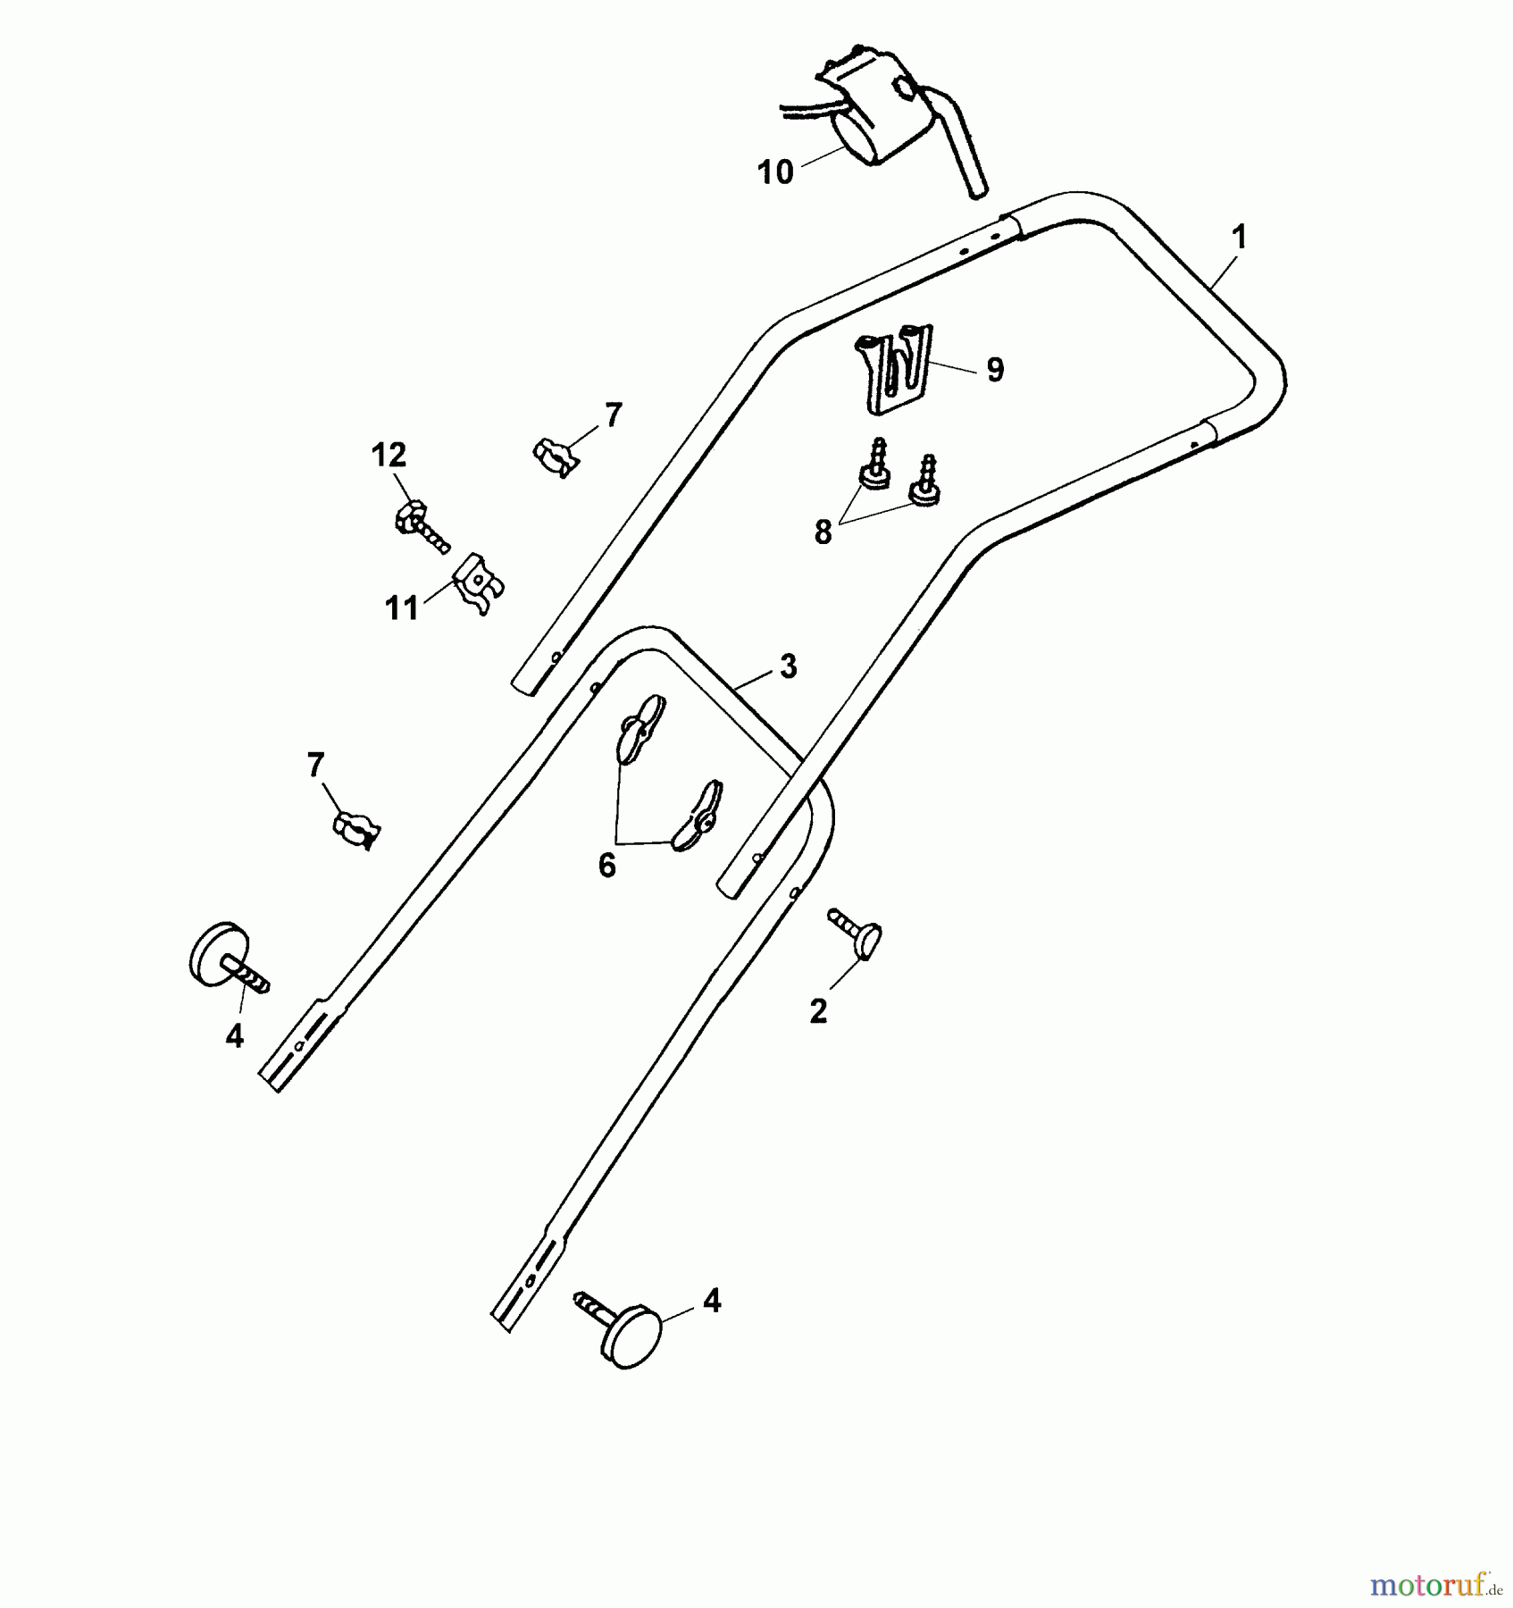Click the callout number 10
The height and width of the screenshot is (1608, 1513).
[x=775, y=172]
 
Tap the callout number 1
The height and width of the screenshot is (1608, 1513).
[x=1239, y=238]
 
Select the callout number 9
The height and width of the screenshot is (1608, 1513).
[x=995, y=370]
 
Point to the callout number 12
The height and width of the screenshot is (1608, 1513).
[x=389, y=456]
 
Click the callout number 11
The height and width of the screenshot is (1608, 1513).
[x=402, y=608]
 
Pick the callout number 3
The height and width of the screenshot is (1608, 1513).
[x=788, y=666]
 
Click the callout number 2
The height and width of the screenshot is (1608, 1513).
[x=818, y=1011]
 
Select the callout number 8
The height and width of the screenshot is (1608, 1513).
[x=823, y=532]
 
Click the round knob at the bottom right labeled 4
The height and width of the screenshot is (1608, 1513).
[x=631, y=1336]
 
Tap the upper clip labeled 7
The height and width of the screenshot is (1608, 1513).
[x=556, y=456]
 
